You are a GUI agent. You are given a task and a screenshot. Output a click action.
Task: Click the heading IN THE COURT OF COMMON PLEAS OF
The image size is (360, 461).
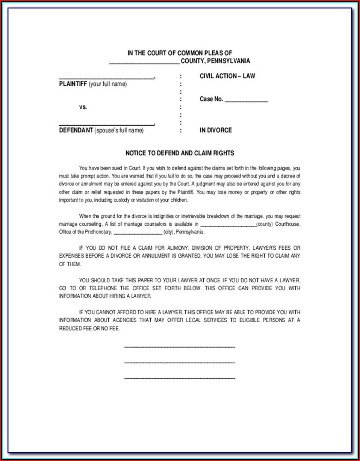click(x=180, y=53)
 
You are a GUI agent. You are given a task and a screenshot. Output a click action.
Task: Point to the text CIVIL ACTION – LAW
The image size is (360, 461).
click(x=227, y=76)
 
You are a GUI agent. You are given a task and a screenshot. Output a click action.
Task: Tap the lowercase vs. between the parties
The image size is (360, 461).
click(x=83, y=107)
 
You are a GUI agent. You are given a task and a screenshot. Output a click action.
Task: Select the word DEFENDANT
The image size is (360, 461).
click(x=76, y=130)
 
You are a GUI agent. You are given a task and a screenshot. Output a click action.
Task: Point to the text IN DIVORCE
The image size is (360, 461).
click(x=215, y=130)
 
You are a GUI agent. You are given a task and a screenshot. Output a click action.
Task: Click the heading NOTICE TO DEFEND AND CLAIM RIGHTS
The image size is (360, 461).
click(x=180, y=153)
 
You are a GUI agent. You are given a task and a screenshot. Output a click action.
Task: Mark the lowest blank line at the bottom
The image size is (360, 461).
click(x=179, y=378)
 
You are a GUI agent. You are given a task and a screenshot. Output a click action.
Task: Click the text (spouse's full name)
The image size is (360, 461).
click(x=119, y=130)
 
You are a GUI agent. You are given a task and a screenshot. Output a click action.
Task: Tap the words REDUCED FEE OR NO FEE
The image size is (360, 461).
click(x=89, y=328)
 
